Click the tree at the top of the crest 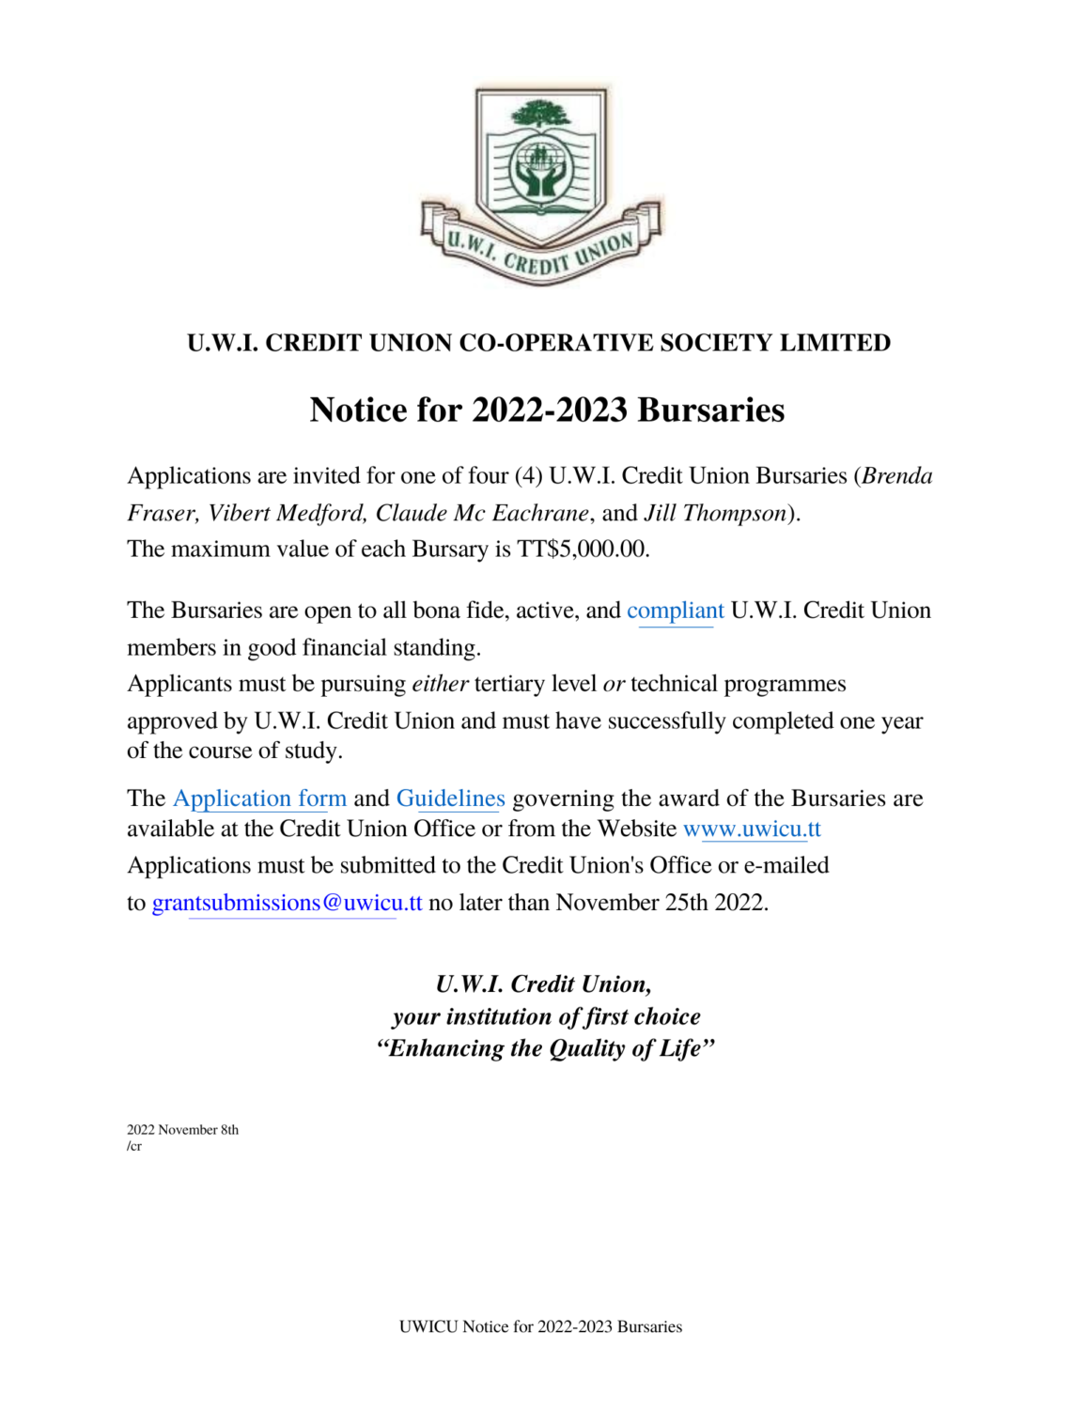[540, 116]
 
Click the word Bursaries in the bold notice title [710, 410]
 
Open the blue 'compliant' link [675, 611]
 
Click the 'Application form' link [259, 798]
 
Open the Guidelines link [450, 798]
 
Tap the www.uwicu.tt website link [752, 828]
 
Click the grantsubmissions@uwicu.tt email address [287, 903]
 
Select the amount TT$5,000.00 [583, 550]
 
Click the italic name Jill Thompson [715, 513]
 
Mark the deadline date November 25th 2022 [661, 903]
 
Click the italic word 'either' [440, 684]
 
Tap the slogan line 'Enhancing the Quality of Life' [545, 1048]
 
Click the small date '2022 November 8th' [182, 1130]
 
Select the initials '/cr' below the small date [134, 1146]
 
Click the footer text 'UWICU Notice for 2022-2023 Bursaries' [540, 1326]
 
